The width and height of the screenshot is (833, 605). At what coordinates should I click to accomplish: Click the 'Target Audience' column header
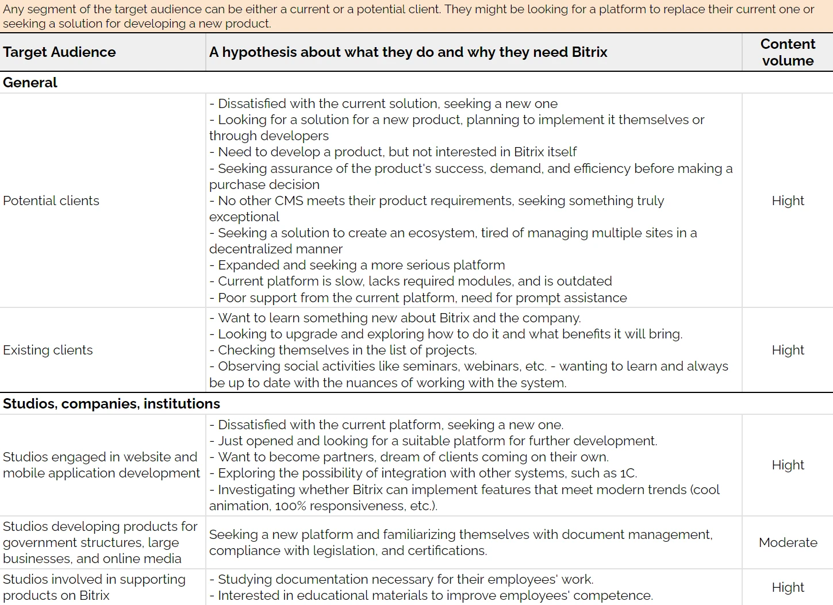pyautogui.click(x=59, y=52)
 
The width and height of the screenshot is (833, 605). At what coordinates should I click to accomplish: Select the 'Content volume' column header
pyautogui.click(x=787, y=52)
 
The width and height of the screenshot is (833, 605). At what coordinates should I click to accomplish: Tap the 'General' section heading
pyautogui.click(x=30, y=83)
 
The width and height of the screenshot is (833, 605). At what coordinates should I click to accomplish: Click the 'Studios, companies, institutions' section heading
pyautogui.click(x=111, y=404)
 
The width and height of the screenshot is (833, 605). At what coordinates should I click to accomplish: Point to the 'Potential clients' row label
pyautogui.click(x=51, y=201)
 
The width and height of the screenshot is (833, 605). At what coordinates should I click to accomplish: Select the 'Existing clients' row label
pyautogui.click(x=48, y=350)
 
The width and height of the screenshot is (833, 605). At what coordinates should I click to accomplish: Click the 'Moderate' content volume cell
pyautogui.click(x=787, y=542)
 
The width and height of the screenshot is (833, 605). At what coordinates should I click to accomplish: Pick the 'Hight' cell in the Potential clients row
pyautogui.click(x=787, y=201)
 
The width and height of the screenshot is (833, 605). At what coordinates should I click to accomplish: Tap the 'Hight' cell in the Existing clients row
pyautogui.click(x=787, y=350)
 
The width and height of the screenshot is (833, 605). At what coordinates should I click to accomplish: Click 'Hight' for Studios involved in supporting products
pyautogui.click(x=787, y=587)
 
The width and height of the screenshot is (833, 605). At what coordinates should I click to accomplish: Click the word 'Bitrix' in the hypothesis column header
pyautogui.click(x=589, y=52)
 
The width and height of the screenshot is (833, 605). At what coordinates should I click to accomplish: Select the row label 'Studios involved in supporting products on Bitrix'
pyautogui.click(x=94, y=587)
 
